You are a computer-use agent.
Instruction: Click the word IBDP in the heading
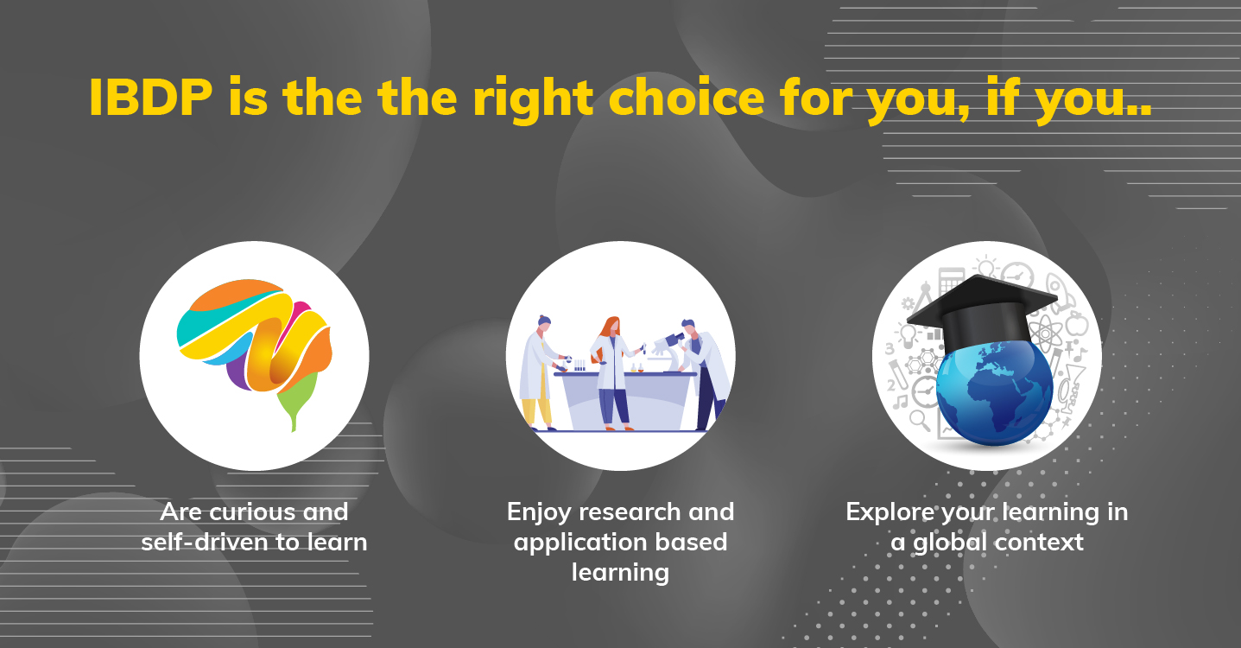coord(151,98)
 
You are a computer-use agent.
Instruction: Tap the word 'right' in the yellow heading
coord(533,99)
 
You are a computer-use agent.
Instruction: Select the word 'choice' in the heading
coord(687,97)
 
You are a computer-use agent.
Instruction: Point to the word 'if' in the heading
coord(1003,97)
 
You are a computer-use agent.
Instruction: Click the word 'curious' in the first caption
coord(255,511)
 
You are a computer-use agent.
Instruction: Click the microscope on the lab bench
coord(669,350)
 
